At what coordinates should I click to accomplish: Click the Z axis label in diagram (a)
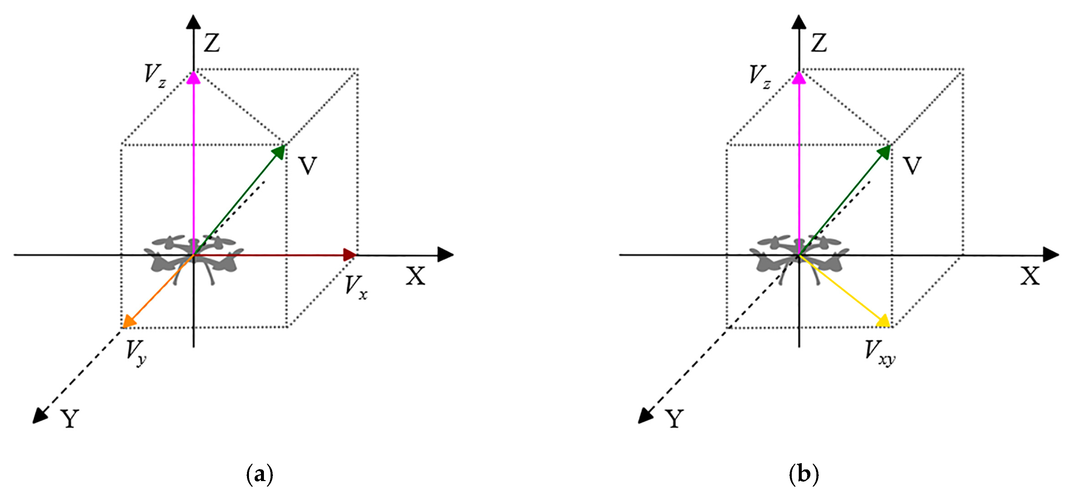(212, 43)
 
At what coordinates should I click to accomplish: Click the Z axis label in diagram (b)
(818, 43)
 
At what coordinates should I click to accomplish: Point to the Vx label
(356, 287)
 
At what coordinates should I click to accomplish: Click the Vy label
(136, 352)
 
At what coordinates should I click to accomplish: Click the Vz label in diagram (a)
(155, 76)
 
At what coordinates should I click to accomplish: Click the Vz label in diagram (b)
(759, 76)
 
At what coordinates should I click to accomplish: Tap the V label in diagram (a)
(308, 166)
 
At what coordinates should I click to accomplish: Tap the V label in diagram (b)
(912, 166)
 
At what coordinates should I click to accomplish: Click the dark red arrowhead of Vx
(349, 255)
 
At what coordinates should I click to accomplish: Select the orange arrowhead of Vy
(129, 322)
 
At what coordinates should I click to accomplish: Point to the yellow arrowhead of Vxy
(883, 322)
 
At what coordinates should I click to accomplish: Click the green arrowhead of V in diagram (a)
(279, 152)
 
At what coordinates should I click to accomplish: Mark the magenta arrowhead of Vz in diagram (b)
(799, 78)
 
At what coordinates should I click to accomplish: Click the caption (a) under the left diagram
(260, 474)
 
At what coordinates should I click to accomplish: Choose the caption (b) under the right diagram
(803, 474)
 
